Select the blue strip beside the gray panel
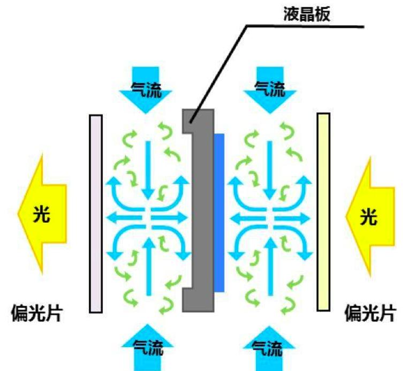click(x=218, y=213)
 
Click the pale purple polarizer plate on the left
click(x=96, y=213)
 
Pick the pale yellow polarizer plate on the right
click(x=323, y=212)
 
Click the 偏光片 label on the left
click(x=36, y=313)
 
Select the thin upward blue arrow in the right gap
click(x=271, y=262)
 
